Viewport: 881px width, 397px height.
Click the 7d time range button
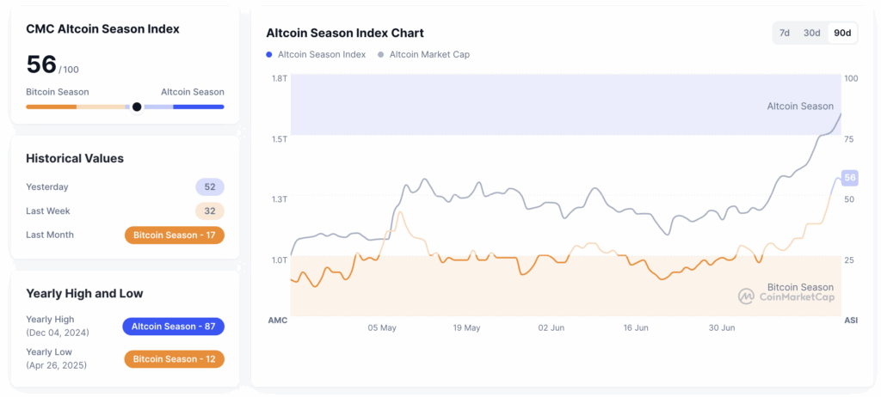pos(785,33)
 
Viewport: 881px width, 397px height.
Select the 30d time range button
pos(811,33)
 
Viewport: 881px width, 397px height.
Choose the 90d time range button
pos(842,33)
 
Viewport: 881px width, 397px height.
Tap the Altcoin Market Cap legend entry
pos(428,54)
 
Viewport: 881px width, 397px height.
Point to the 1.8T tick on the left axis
pos(279,78)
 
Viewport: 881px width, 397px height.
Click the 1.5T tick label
pos(279,138)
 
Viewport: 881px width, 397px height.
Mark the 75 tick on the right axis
pos(849,138)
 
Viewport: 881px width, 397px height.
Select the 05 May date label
pos(382,327)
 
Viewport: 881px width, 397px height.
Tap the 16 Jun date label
pos(636,327)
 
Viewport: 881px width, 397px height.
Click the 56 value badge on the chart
pos(850,178)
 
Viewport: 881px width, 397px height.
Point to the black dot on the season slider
pos(137,107)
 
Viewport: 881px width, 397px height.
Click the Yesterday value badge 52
pos(210,186)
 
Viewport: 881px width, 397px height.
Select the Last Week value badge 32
pos(210,211)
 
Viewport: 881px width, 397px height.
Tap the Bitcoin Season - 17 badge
pos(174,235)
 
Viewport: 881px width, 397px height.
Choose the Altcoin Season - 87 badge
pos(174,326)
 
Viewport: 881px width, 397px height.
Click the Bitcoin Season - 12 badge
pos(174,358)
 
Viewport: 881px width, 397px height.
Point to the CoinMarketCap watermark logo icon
pos(746,296)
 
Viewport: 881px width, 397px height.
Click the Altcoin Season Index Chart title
pos(345,33)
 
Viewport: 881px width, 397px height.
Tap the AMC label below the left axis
pos(278,320)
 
